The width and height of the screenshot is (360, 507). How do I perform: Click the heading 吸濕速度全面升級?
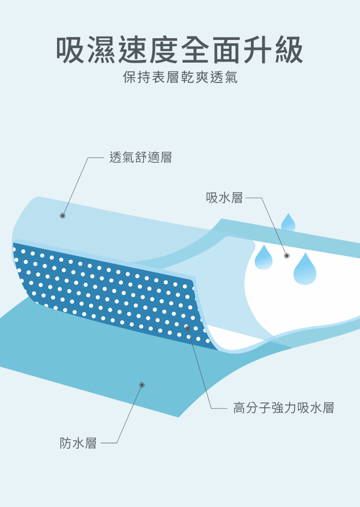click(179, 50)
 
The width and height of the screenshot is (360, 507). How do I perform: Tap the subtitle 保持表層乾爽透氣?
click(180, 78)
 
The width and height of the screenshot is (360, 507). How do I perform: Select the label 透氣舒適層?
click(141, 157)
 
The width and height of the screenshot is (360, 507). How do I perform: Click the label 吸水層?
click(224, 198)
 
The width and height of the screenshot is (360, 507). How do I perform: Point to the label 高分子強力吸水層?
click(284, 408)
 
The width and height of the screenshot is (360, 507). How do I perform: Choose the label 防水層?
click(78, 443)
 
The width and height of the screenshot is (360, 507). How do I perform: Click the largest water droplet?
click(305, 269)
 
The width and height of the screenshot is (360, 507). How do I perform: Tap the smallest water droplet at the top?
click(288, 223)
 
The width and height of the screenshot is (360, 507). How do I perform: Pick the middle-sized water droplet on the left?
click(263, 258)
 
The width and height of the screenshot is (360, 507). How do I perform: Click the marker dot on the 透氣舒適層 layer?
click(63, 216)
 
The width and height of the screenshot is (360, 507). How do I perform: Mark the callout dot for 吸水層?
click(287, 255)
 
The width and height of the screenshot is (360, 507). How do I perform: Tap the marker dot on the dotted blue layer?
click(187, 329)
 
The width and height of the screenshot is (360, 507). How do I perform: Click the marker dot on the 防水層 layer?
click(142, 385)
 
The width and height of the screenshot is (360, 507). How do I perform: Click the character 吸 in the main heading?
click(71, 50)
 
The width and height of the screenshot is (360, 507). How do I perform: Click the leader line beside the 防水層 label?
click(109, 443)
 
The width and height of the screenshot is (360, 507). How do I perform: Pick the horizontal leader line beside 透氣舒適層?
click(96, 157)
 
